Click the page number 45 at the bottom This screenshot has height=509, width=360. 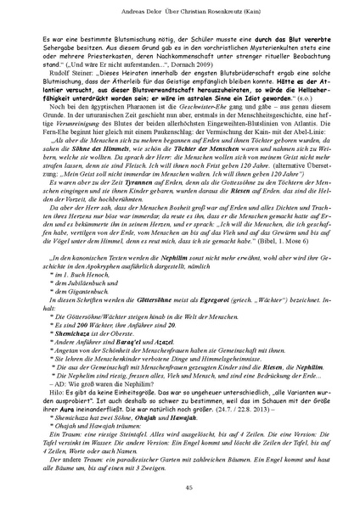[x=180, y=486]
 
